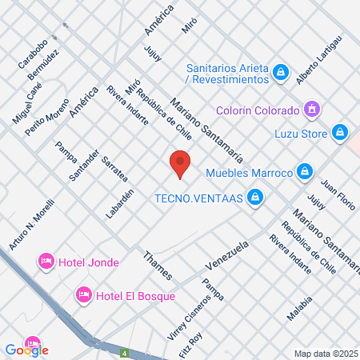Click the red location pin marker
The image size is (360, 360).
181,163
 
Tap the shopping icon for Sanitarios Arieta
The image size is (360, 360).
280,74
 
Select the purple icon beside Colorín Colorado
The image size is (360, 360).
312,110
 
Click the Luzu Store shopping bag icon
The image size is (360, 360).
340,132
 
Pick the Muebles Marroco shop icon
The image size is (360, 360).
304,171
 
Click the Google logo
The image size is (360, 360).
26,349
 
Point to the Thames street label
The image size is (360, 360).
157,266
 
